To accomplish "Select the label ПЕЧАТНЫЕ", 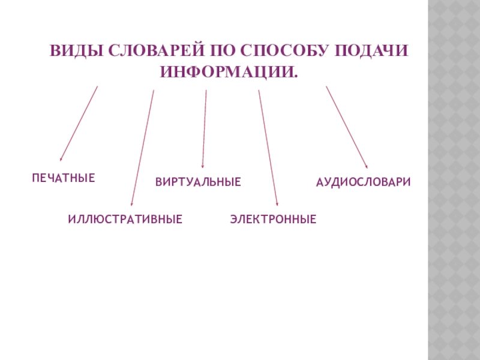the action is click(64, 178).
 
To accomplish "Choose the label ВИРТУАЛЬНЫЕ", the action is click(198, 181).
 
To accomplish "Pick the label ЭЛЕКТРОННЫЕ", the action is click(273, 220).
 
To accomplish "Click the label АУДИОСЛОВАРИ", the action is click(364, 181).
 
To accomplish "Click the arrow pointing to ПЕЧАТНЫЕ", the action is click(79, 124).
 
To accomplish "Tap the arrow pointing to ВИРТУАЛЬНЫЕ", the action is click(205, 129).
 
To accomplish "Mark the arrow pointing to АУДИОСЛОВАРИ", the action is click(347, 127).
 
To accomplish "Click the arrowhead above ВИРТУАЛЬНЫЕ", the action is click(203, 165).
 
